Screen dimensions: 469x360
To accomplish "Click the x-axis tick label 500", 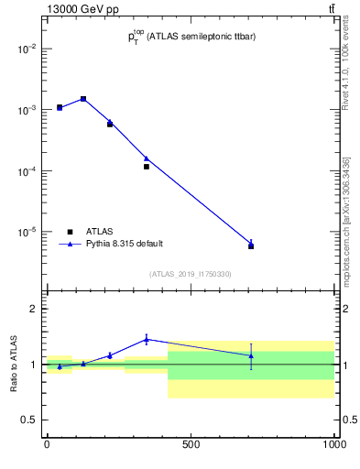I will pos(191,445).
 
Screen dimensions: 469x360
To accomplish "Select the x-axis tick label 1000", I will pos(334,445).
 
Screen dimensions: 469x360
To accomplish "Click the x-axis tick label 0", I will pos(47,445).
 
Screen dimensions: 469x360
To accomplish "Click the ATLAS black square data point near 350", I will pos(147,167).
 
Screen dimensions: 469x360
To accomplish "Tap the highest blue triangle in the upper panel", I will pos(83,98).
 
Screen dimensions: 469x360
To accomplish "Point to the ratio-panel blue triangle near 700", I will pos(251,355).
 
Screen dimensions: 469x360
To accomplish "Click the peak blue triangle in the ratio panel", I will pos(147,339).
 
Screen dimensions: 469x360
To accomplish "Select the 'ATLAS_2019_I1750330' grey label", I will pos(191,274).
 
